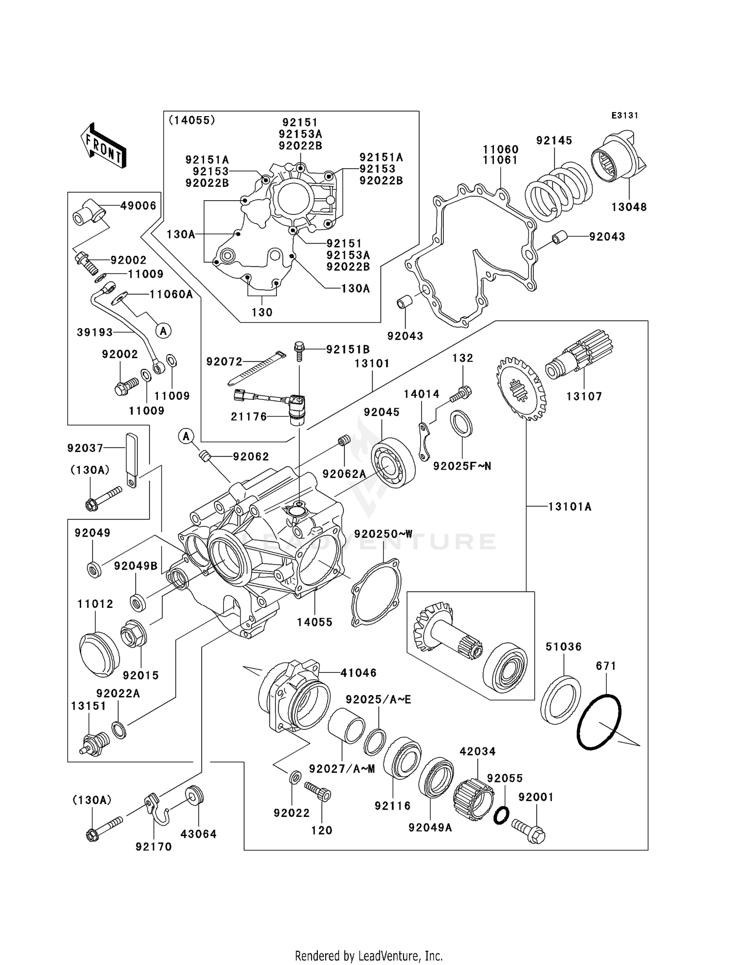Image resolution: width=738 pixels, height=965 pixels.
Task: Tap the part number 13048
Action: pyautogui.click(x=629, y=207)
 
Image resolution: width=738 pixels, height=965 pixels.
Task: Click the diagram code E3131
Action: pyautogui.click(x=625, y=116)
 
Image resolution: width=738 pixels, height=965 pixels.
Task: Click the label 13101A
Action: pyautogui.click(x=570, y=506)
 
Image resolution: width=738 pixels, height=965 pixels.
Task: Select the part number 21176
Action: pyautogui.click(x=249, y=417)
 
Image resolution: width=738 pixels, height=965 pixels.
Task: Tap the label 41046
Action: pyautogui.click(x=359, y=672)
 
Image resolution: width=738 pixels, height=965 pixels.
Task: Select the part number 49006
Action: pyautogui.click(x=138, y=206)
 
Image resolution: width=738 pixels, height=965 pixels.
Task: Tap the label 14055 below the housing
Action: pyautogui.click(x=315, y=622)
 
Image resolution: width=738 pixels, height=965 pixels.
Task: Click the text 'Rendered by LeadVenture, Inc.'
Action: pyautogui.click(x=369, y=956)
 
